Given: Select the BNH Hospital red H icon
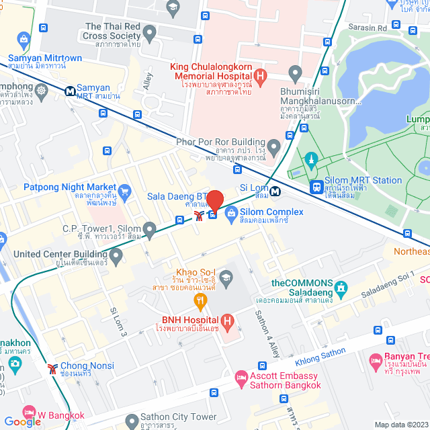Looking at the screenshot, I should [x=228, y=321].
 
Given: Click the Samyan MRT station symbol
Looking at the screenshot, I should [x=70, y=91].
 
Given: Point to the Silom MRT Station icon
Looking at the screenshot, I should [x=315, y=187].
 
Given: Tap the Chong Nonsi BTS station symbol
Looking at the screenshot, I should [x=52, y=368].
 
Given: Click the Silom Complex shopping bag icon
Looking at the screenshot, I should [x=230, y=214].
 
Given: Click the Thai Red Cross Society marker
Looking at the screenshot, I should [x=149, y=32].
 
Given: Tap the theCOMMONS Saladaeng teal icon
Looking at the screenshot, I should [x=341, y=290].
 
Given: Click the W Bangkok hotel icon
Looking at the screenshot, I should [x=28, y=411].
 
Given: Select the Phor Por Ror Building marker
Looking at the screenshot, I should [x=273, y=146].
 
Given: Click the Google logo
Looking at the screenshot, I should [x=22, y=421].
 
